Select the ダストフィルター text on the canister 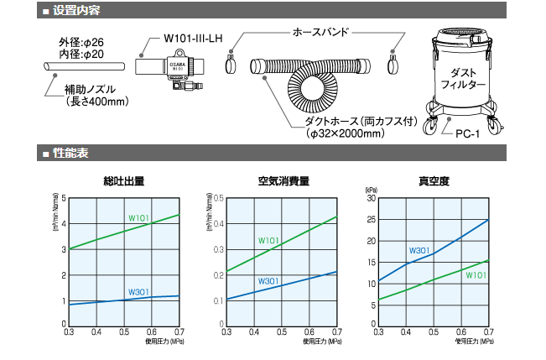[463, 79]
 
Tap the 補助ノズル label [91, 90]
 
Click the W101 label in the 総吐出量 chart [138, 218]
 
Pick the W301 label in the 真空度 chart [419, 250]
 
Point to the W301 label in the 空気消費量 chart [268, 280]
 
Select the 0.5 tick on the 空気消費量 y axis [218, 199]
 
